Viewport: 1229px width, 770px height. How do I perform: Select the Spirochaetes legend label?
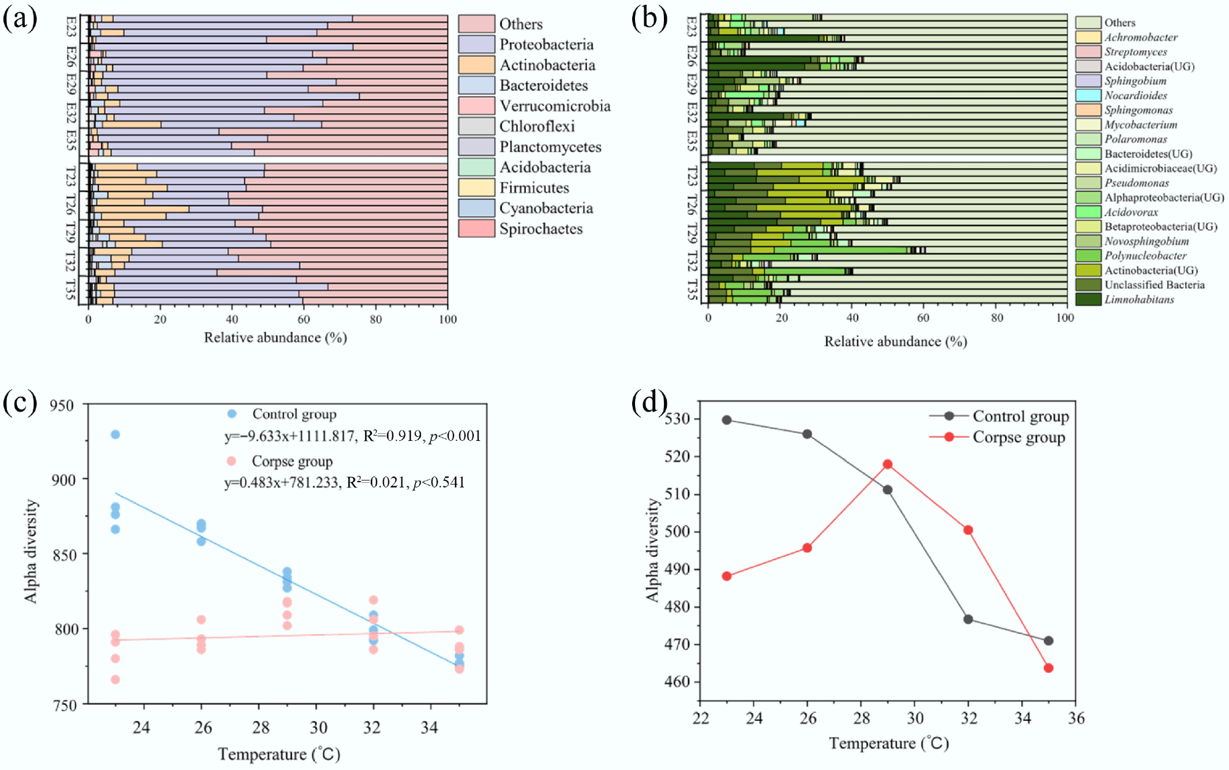pyautogui.click(x=541, y=229)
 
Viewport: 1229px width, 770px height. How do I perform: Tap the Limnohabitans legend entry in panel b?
pyautogui.click(x=1139, y=299)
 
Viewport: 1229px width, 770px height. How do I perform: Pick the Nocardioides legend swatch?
pyautogui.click(x=1088, y=95)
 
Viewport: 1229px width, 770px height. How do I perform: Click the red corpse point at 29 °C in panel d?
pyautogui.click(x=887, y=464)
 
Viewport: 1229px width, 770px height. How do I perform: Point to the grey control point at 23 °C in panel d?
pyautogui.click(x=726, y=420)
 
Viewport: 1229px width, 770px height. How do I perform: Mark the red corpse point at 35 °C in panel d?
pyautogui.click(x=1048, y=668)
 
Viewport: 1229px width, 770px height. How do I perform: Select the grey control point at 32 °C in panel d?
pyautogui.click(x=968, y=619)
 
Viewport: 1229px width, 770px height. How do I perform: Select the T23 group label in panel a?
pyautogui.click(x=71, y=176)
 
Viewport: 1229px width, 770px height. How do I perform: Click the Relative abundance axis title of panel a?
pyautogui.click(x=275, y=338)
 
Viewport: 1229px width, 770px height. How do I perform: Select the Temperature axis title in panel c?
pyautogui.click(x=279, y=754)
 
